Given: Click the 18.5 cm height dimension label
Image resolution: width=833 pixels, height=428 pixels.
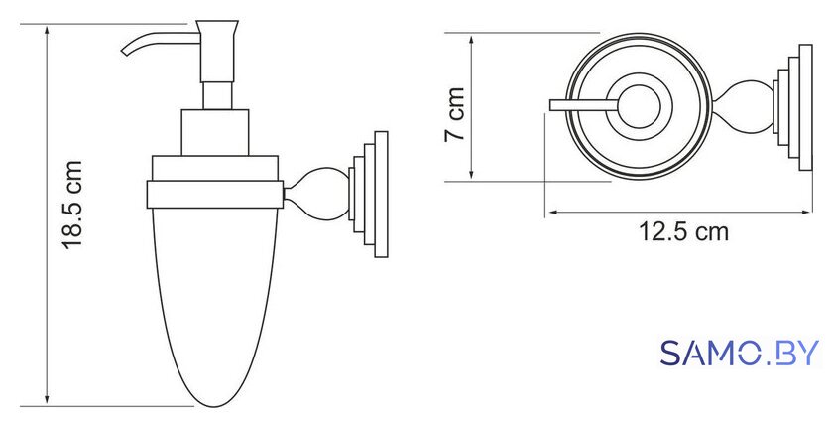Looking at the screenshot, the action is coord(72,205).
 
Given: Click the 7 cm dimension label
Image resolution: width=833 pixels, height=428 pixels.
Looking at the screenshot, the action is coord(455,114).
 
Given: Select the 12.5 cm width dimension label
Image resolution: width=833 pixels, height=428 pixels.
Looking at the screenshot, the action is coord(683,232).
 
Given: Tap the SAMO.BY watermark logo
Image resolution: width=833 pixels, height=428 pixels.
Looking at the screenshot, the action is coord(740,354).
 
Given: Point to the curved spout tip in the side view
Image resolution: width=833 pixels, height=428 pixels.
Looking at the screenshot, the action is coord(125,52).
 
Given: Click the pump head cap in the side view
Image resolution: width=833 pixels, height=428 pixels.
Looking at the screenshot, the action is coord(217,51).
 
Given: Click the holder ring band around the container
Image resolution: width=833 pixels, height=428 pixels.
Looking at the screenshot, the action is coord(214,195).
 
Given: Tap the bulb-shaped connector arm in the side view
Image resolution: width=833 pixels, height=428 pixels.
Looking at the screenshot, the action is coord(316,195).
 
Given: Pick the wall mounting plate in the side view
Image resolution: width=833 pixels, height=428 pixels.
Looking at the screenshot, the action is coord(369,195).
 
